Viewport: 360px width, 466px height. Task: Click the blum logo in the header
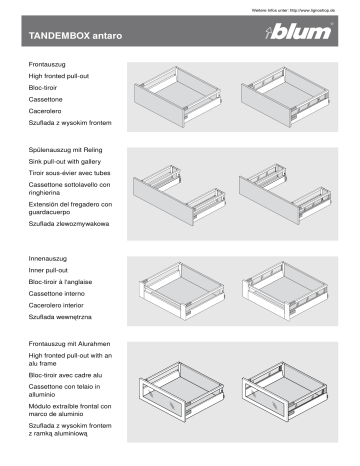pos(315,37)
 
